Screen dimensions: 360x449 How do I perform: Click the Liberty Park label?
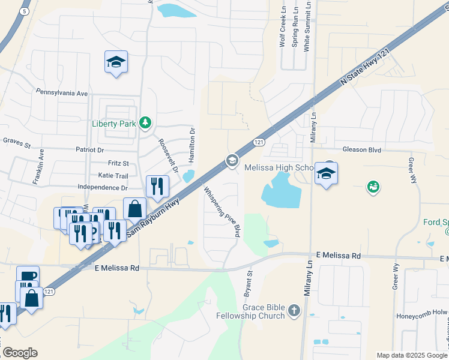pyautogui.click(x=113, y=124)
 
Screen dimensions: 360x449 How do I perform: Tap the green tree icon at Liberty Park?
pyautogui.click(x=145, y=123)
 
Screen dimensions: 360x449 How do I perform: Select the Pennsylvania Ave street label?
pyautogui.click(x=62, y=94)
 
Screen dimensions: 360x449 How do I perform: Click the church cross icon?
pyautogui.click(x=294, y=310)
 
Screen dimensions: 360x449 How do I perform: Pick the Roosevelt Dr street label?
pyautogui.click(x=169, y=156)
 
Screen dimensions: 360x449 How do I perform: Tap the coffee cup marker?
pyautogui.click(x=28, y=277)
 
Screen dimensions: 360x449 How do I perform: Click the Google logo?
pyautogui.click(x=20, y=353)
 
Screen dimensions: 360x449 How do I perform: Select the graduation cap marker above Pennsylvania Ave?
pyautogui.click(x=116, y=62)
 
